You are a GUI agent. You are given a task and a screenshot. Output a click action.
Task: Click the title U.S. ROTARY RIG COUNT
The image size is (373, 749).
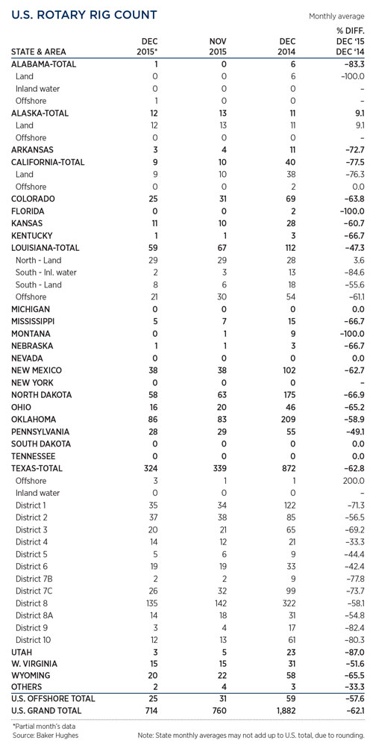pyautogui.click(x=84, y=15)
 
